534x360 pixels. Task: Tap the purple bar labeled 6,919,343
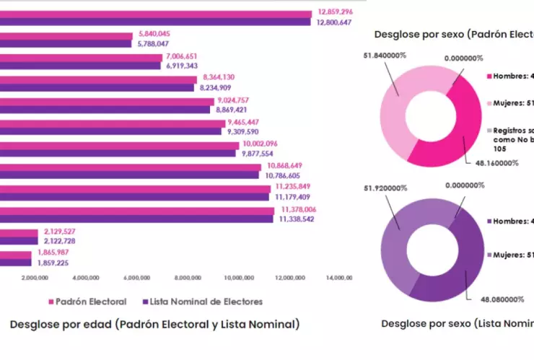click(x=80, y=66)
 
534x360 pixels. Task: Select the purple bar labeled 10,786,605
click(x=130, y=175)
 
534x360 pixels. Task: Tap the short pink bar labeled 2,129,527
click(x=19, y=232)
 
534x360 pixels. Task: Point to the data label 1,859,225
click(x=51, y=263)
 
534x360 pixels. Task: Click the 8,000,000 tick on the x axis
click(x=188, y=277)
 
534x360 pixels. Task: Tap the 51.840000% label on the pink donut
click(x=382, y=54)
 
